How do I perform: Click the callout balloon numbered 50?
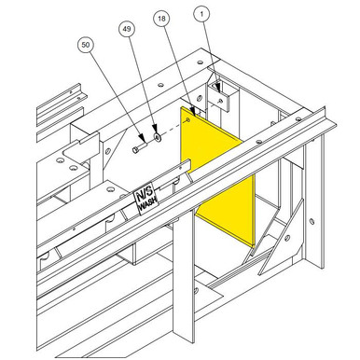[87, 44]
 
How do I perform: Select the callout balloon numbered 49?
[128, 29]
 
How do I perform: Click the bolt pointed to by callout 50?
[139, 145]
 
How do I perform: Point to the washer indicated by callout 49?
[157, 137]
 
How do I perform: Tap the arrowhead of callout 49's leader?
[155, 132]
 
